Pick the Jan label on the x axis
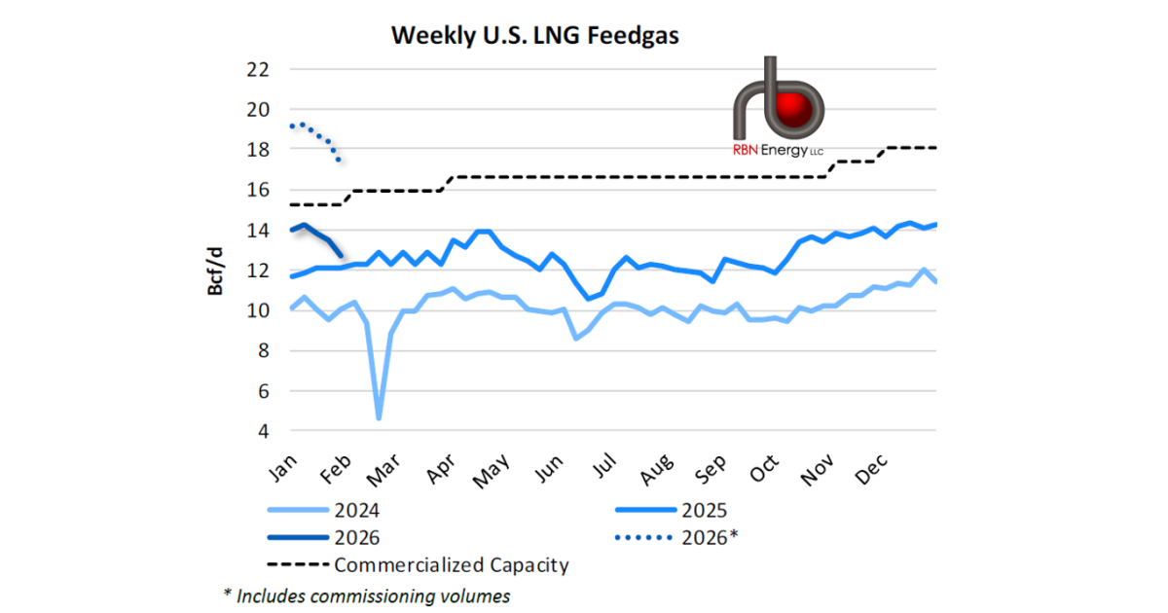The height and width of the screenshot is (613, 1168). (281, 471)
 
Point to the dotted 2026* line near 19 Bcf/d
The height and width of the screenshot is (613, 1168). (304, 125)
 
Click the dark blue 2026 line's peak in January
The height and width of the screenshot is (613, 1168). (305, 225)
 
